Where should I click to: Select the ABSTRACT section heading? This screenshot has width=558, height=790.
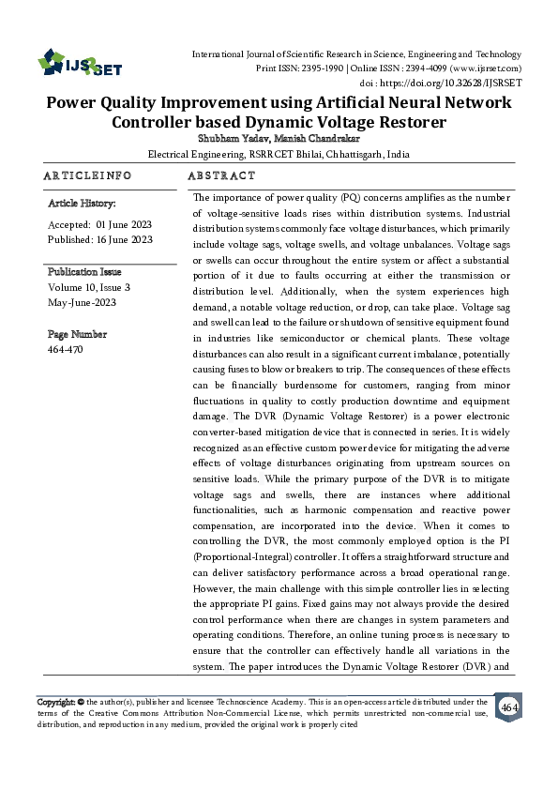pos(221,175)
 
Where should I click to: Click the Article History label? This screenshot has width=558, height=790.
pos(82,203)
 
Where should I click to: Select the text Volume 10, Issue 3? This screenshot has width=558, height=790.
pos(88,287)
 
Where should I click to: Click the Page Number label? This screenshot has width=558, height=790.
pos(77,334)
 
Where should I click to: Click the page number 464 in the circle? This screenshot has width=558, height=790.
pos(509,706)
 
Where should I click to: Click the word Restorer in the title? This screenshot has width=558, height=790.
pos(404,122)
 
